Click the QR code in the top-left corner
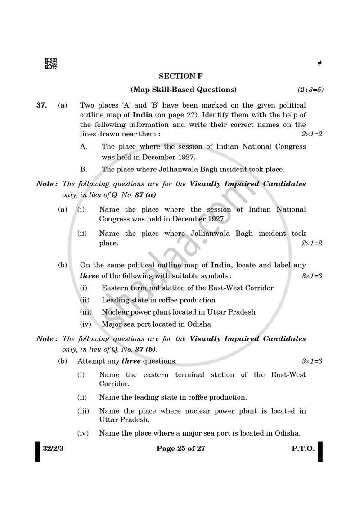tap(50, 64)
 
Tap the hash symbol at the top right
tap(319, 63)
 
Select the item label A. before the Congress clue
tap(84, 146)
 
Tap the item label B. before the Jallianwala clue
tap(84, 170)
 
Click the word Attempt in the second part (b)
tap(90, 361)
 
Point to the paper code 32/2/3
tap(53, 448)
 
